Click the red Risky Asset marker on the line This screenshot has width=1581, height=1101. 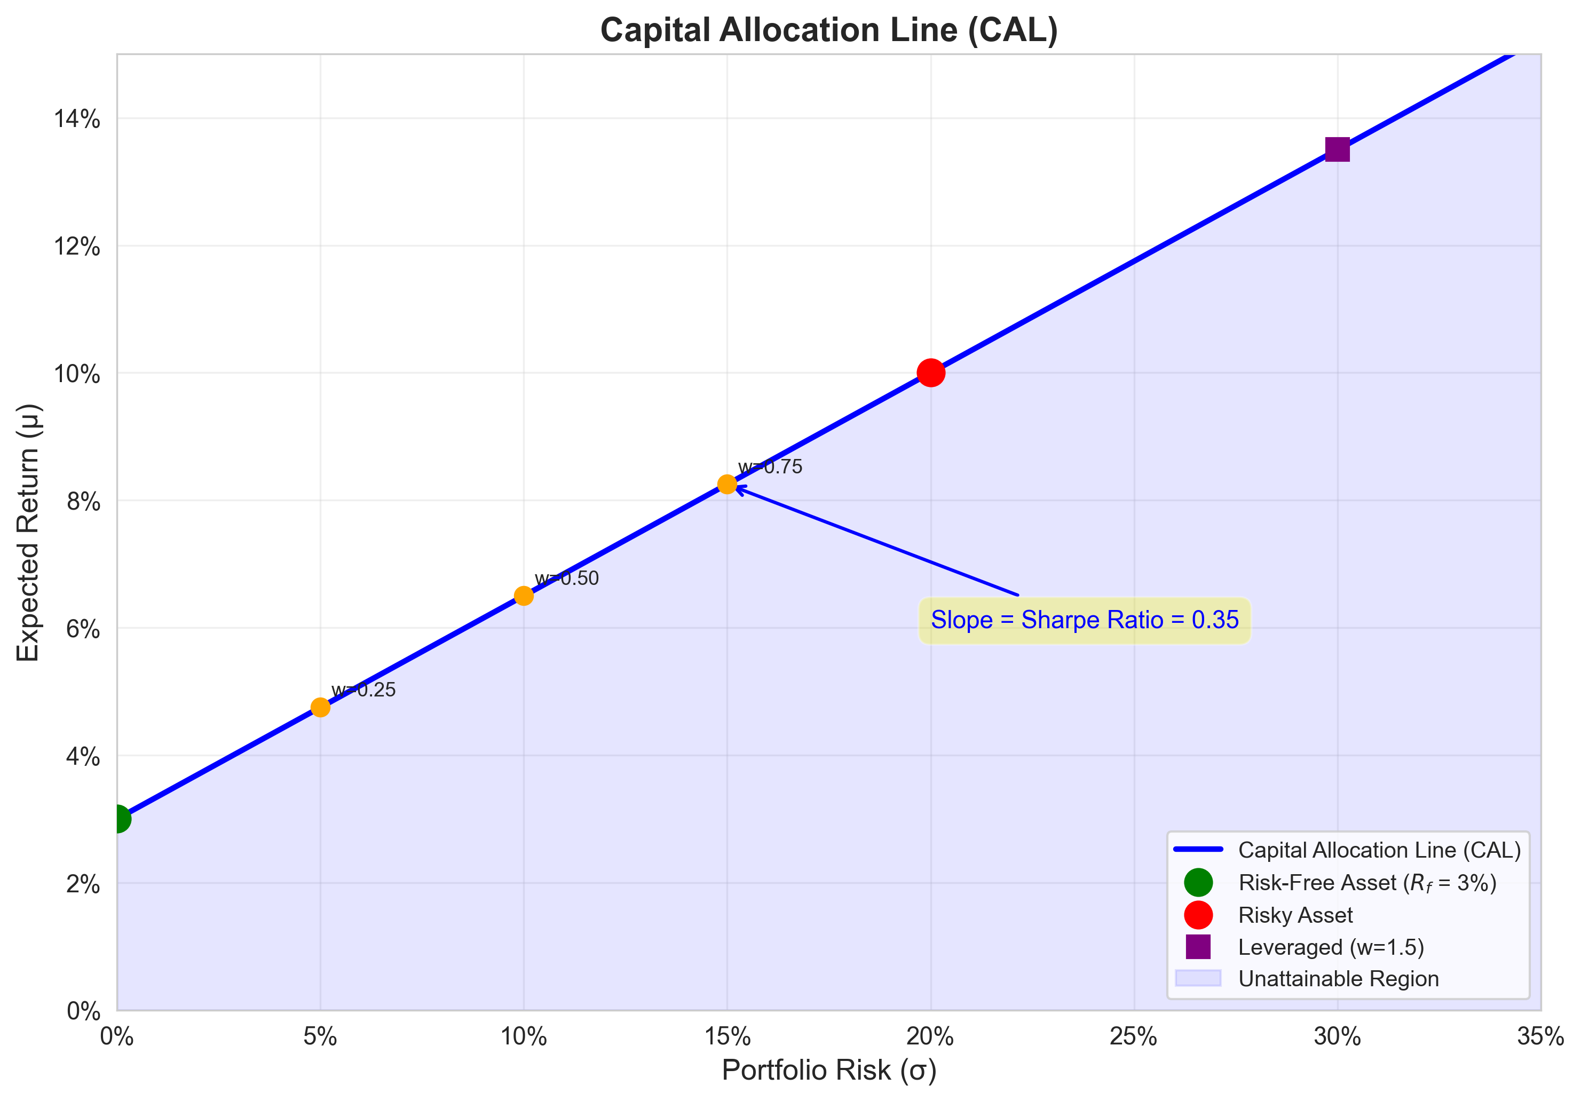930,373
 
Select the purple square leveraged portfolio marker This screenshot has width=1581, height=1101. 1337,149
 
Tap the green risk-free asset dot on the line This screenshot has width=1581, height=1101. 118,819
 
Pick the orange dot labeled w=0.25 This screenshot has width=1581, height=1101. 320,707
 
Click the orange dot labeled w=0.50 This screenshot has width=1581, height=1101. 523,596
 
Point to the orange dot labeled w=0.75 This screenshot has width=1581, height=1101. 727,485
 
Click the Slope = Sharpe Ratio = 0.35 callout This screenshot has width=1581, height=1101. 1085,620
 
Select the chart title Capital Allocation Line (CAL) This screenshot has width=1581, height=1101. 828,30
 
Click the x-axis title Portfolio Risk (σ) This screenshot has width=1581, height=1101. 828,1070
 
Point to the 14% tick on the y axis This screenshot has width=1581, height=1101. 77,119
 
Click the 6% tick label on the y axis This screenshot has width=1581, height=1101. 83,629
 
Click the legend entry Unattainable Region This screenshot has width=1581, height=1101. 1338,978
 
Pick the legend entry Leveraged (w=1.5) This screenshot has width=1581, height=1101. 1330,947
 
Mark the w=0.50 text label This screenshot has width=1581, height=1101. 567,579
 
